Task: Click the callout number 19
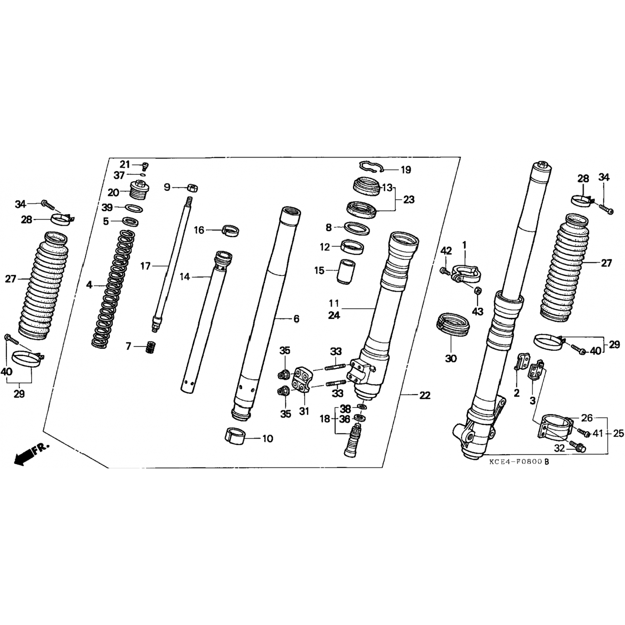click(x=405, y=170)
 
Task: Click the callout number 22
click(x=425, y=395)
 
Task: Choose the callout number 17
click(x=145, y=266)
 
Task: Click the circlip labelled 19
click(x=372, y=166)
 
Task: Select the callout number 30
click(x=451, y=358)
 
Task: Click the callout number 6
click(x=296, y=319)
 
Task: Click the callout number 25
click(x=619, y=433)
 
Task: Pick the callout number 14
click(x=185, y=277)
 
